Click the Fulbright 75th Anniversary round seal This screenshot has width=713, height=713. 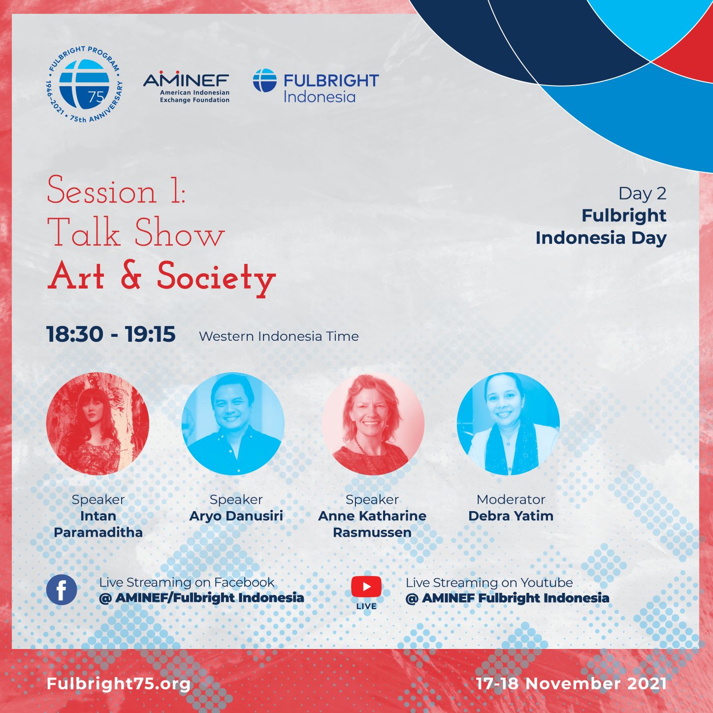tap(84, 84)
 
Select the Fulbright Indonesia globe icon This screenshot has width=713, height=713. tap(265, 80)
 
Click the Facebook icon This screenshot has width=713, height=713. tap(62, 590)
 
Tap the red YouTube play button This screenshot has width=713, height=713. tap(366, 586)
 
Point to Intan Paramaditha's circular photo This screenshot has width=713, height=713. tap(97, 423)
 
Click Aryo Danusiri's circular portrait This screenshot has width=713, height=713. tap(233, 423)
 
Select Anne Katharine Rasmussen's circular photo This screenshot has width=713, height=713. tap(373, 423)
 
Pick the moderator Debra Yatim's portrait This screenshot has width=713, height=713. tap(508, 423)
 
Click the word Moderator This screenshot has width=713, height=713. tap(511, 499)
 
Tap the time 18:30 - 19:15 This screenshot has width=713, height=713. tap(111, 334)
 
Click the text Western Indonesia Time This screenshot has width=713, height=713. tap(279, 336)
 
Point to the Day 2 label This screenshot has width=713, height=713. tap(642, 194)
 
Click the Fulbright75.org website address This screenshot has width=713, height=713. tap(118, 684)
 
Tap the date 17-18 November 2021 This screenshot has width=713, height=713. tap(571, 683)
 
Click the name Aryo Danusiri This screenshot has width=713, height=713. tap(236, 516)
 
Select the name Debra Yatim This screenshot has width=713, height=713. tap(511, 516)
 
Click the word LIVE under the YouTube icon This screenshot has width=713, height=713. tap(366, 607)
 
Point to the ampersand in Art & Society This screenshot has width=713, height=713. tap(131, 276)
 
